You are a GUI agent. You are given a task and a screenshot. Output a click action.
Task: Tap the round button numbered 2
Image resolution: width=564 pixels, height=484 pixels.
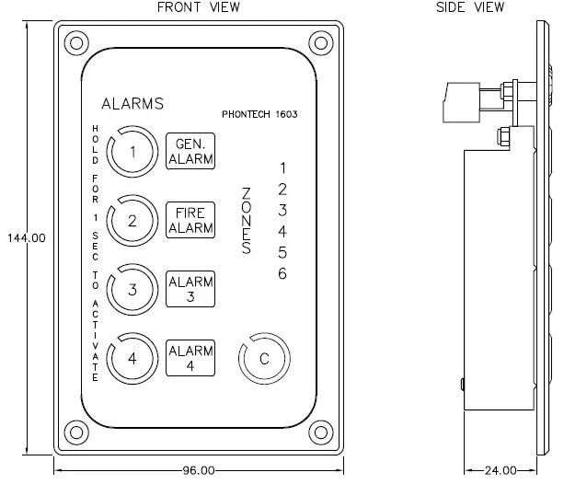pyautogui.click(x=132, y=221)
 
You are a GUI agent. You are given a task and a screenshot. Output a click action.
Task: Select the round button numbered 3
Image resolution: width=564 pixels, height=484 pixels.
pyautogui.click(x=132, y=289)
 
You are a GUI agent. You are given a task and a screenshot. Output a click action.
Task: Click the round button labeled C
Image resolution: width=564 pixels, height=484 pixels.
pyautogui.click(x=264, y=359)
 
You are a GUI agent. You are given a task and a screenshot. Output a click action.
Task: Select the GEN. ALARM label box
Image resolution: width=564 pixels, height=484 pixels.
pyautogui.click(x=190, y=150)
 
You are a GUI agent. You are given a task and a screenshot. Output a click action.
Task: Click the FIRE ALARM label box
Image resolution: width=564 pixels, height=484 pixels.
pyautogui.click(x=190, y=221)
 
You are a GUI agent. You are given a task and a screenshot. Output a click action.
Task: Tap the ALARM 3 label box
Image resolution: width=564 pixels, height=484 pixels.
pyautogui.click(x=190, y=289)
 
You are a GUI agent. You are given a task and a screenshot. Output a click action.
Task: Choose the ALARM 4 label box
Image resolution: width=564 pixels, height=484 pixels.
pyautogui.click(x=190, y=357)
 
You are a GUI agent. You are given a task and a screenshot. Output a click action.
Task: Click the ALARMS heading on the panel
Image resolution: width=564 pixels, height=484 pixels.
pyautogui.click(x=132, y=104)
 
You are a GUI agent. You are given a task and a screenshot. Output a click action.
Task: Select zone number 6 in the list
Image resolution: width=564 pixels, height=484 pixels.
pyautogui.click(x=283, y=273)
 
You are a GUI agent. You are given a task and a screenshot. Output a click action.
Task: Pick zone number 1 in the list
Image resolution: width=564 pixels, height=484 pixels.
pyautogui.click(x=283, y=167)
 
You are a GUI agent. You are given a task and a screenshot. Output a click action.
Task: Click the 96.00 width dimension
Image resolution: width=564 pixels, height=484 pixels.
pyautogui.click(x=198, y=470)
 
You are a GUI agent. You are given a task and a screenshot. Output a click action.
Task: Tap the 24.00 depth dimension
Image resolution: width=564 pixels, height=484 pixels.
pyautogui.click(x=500, y=470)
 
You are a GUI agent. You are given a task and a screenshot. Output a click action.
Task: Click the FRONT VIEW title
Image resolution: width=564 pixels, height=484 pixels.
pyautogui.click(x=198, y=7)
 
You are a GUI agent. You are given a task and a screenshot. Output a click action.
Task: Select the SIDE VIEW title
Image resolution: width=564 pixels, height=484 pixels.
pyautogui.click(x=470, y=7)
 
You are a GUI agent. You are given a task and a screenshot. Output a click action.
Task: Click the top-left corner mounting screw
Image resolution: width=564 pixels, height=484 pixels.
pyautogui.click(x=76, y=41)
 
